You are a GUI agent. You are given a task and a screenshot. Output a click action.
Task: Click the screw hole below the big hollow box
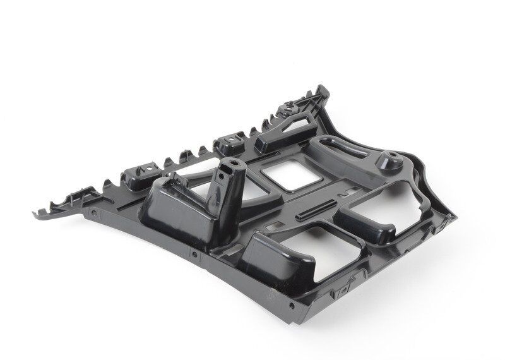194,255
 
